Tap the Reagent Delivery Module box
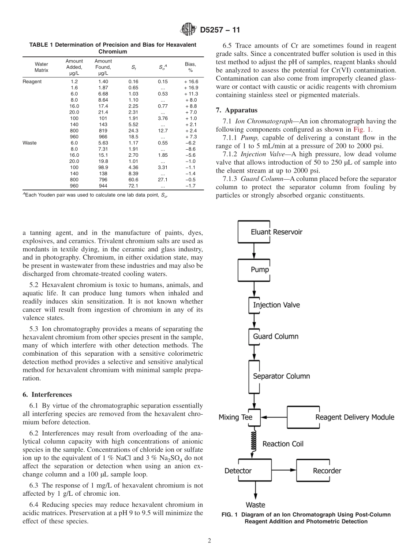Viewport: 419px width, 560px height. (342, 417)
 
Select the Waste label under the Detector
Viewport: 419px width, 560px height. (255, 505)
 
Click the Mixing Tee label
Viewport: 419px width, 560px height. (235, 417)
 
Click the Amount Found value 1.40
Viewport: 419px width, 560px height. (103, 81)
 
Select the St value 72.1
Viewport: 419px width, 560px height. (133, 186)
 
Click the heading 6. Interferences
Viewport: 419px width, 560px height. (47, 394)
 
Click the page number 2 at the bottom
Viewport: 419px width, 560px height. (209, 541)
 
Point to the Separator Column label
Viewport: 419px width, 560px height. (281, 376)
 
